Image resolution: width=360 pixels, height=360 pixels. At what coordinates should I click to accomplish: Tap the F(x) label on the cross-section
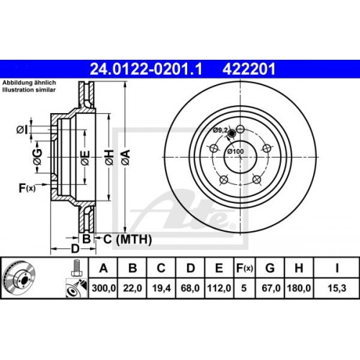[26, 189]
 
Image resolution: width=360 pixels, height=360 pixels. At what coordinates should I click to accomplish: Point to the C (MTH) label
[122, 238]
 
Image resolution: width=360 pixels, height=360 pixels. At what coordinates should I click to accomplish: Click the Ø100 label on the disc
[234, 151]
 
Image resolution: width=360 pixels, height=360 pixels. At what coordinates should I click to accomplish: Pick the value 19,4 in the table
[161, 289]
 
